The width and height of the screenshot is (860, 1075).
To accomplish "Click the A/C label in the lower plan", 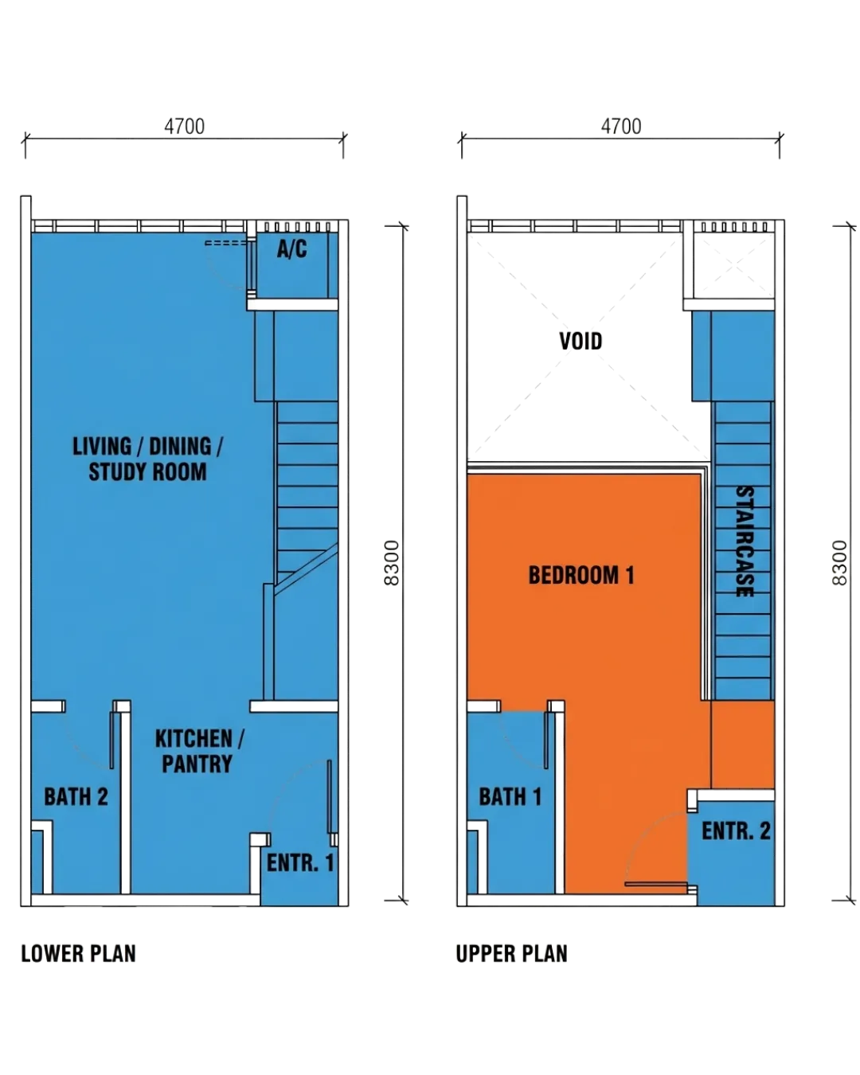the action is click(291, 248).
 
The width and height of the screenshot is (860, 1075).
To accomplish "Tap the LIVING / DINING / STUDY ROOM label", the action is click(148, 459).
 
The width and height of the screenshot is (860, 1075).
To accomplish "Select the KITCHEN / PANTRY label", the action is click(199, 751).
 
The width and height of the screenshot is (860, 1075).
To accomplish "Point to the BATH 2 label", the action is click(76, 797).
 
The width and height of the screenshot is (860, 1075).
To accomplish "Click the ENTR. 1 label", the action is click(300, 863).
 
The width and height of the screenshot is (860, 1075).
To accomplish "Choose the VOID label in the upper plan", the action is click(580, 341).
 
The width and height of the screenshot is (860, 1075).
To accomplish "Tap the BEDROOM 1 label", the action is click(581, 575).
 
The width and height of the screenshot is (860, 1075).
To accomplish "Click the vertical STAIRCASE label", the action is click(745, 541).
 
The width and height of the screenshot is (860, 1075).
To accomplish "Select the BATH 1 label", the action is click(510, 797).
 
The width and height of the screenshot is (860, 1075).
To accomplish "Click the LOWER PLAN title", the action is click(79, 954).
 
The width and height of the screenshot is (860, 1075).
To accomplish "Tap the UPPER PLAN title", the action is click(512, 954).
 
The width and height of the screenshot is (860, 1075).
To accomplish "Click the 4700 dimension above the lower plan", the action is click(185, 127).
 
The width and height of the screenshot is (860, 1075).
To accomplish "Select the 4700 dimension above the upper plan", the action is click(621, 127).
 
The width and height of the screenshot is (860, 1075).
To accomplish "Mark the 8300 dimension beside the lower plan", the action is click(393, 563).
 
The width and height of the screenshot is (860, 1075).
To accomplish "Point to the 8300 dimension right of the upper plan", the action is click(840, 563).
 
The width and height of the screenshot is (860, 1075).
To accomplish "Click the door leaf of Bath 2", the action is click(112, 741).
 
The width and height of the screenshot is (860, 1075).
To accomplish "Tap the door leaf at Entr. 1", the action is click(330, 797).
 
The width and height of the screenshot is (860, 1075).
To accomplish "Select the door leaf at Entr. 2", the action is click(655, 884).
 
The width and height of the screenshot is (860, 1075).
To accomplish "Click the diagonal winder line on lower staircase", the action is click(306, 569).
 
